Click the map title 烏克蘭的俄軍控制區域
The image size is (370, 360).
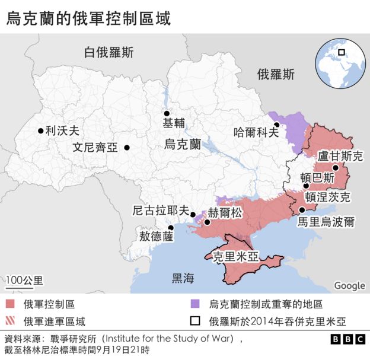pyautogui.click(x=88, y=18)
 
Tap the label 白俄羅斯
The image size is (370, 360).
pyautogui.click(x=109, y=52)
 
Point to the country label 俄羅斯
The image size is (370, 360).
pyautogui.click(x=276, y=75)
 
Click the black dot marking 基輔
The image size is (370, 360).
pyautogui.click(x=167, y=113)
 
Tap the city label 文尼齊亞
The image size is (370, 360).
pyautogui.click(x=95, y=148)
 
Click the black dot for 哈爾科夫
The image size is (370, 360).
pyautogui.click(x=277, y=125)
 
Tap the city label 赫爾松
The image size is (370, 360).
pyautogui.click(x=225, y=213)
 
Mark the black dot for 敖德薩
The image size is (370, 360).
pyautogui.click(x=171, y=227)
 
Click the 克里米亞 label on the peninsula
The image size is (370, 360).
pyautogui.click(x=235, y=257)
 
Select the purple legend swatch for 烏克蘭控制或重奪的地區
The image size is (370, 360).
pyautogui.click(x=194, y=304)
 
